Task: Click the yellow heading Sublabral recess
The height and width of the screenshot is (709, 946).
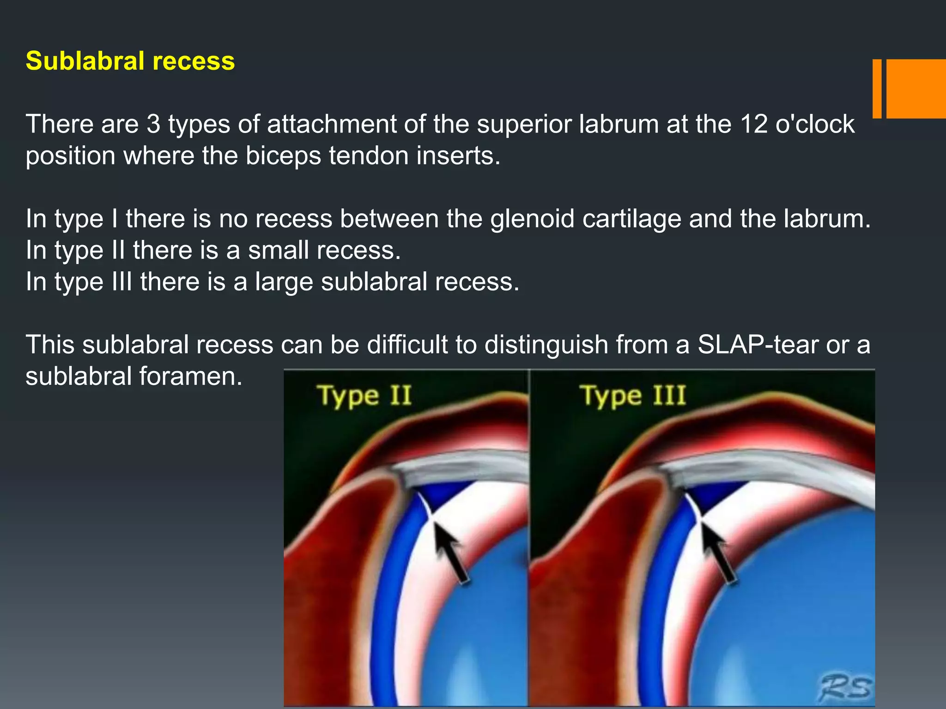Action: pos(130,61)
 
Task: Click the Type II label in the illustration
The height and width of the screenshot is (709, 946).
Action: pos(364,396)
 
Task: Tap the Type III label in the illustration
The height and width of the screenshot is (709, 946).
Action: pos(632,396)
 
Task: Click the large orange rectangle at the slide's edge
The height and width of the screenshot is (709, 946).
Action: pos(916,89)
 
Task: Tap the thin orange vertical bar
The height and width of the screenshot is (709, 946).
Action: pos(877,89)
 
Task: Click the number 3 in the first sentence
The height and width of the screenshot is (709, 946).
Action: pos(153,124)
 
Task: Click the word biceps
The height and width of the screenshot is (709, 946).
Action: pos(283,156)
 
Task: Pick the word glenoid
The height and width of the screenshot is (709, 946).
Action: pos(532,219)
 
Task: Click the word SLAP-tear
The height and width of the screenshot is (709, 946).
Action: pos(758,345)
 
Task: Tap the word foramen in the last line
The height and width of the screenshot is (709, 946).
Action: pos(190,376)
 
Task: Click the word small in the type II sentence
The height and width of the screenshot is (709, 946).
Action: pos(278,250)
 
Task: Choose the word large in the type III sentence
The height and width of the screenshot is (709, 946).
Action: pos(284,282)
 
